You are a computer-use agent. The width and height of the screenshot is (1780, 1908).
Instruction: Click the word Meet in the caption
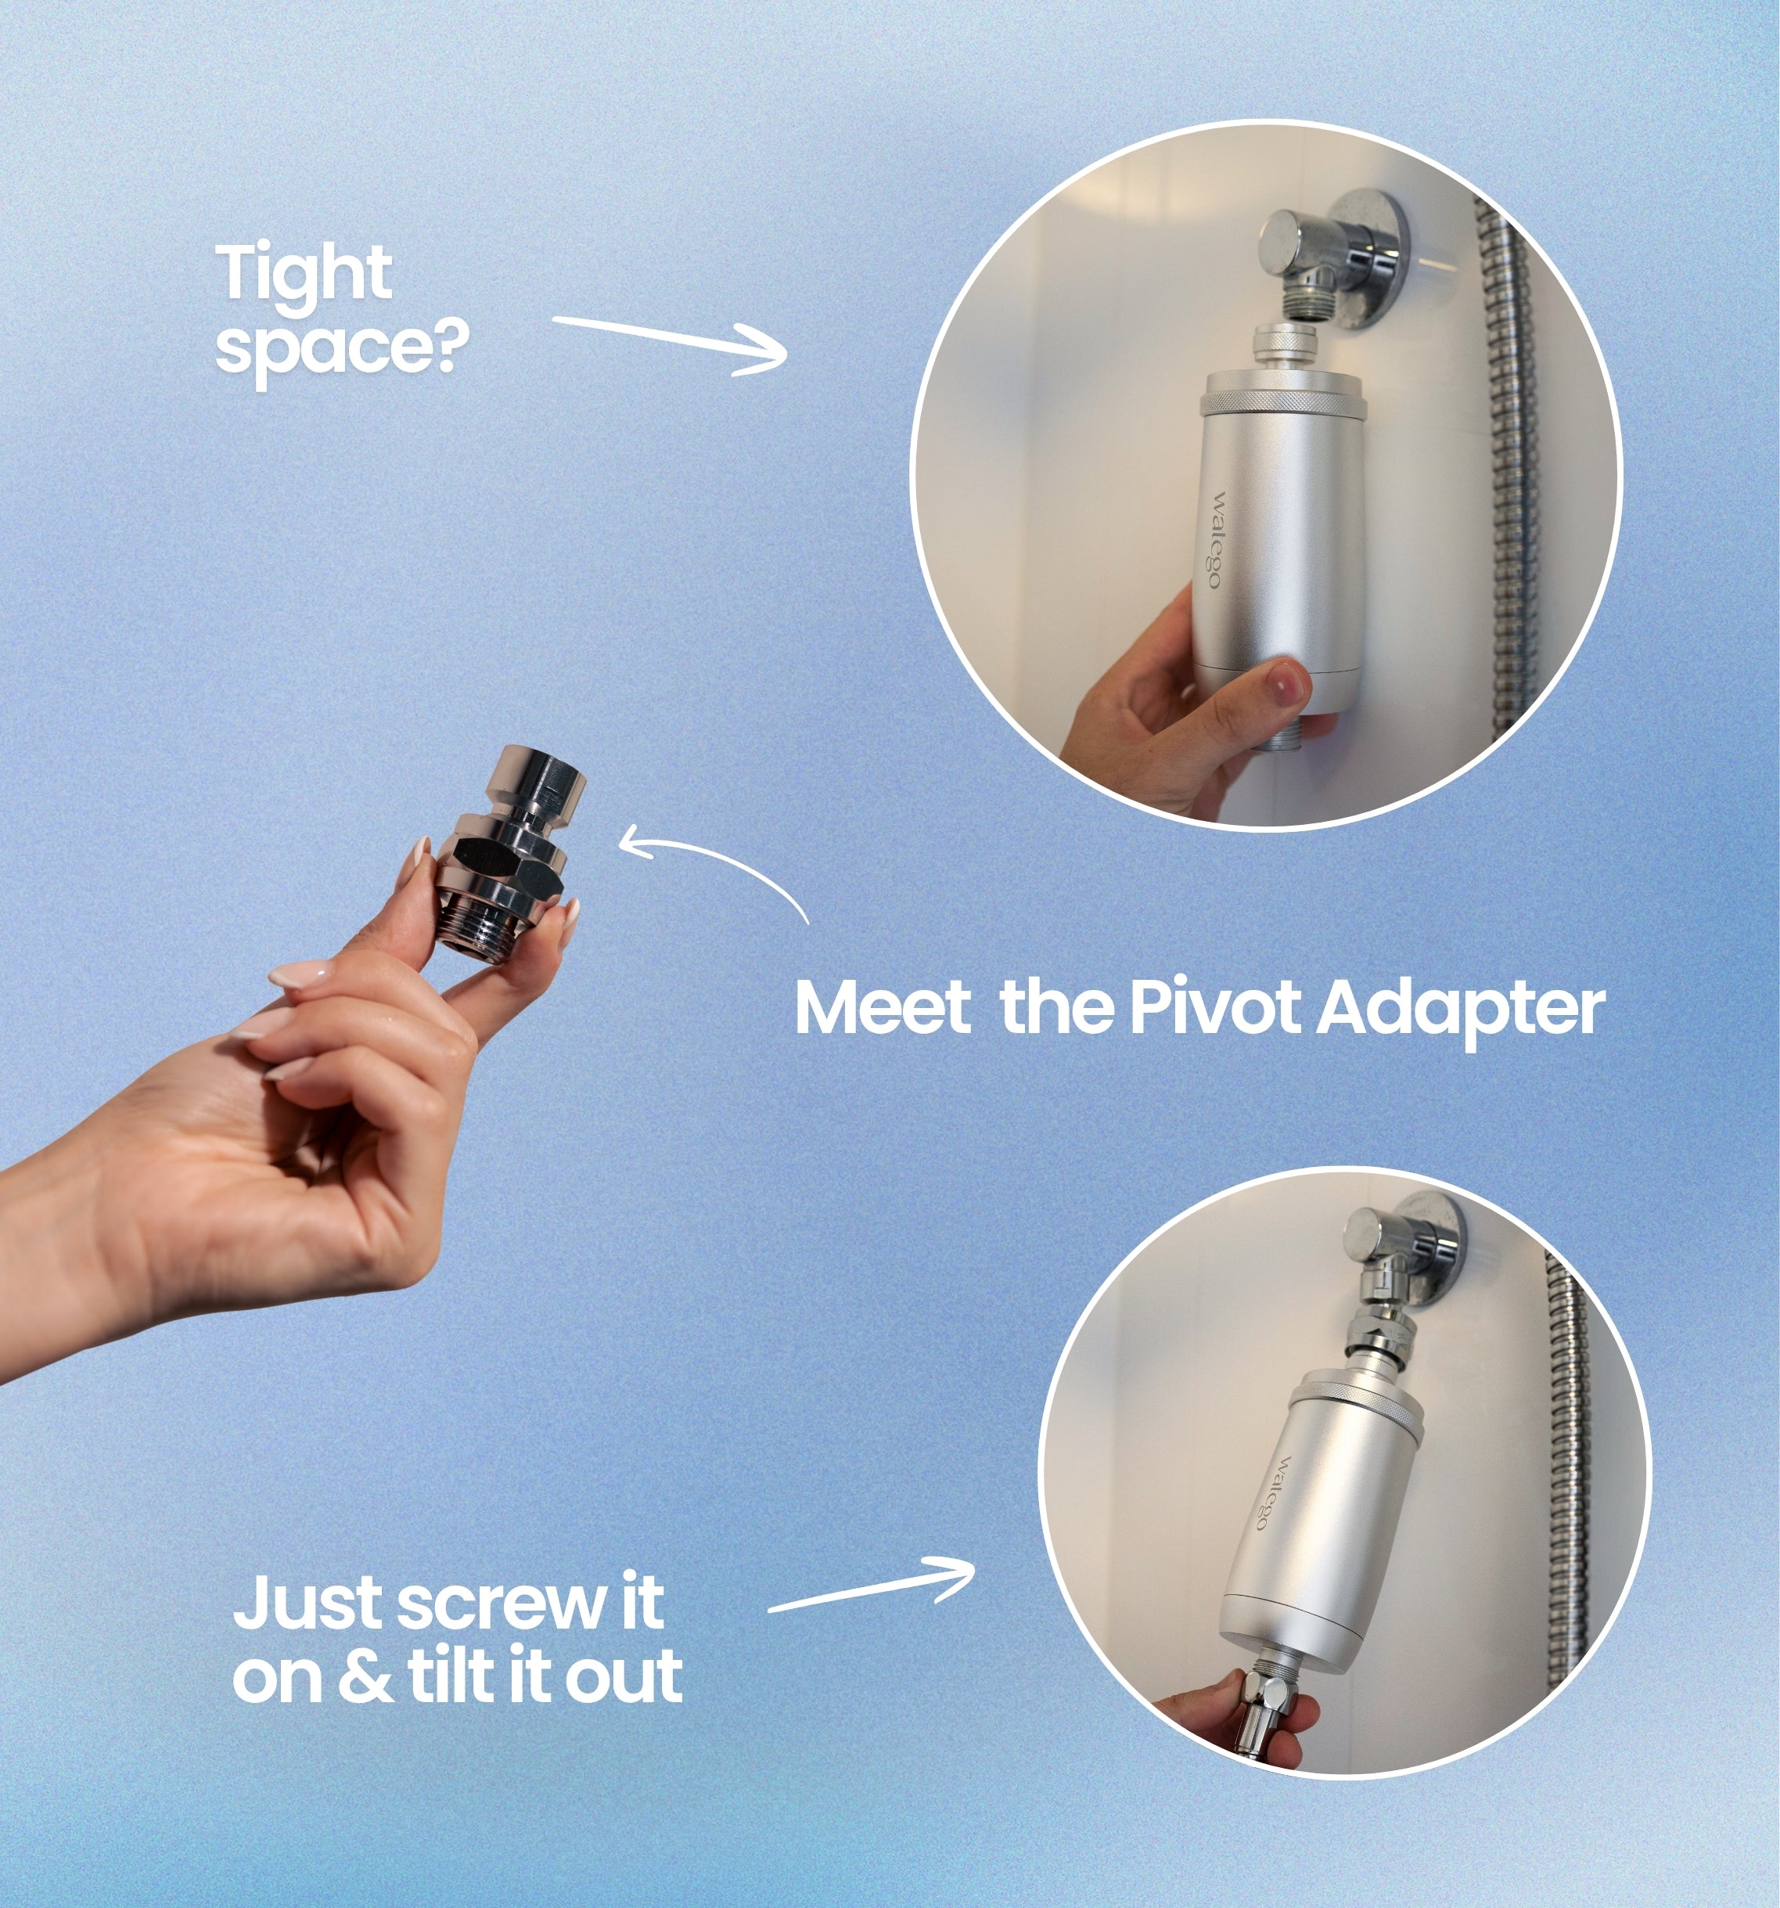point(883,1008)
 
